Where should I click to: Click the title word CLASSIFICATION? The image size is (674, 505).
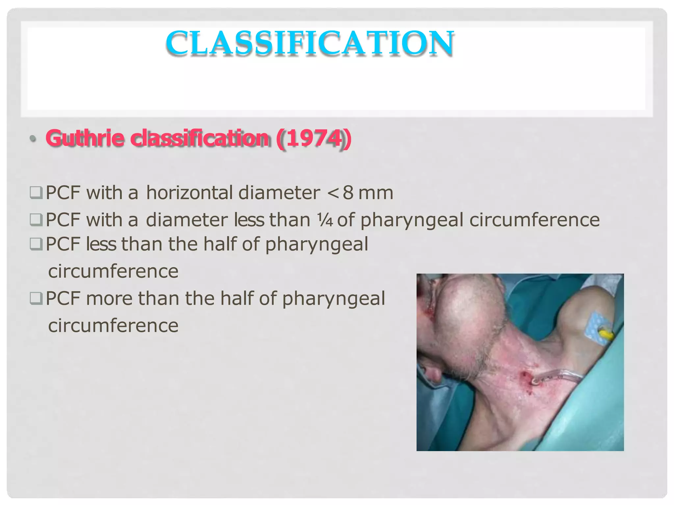click(x=310, y=43)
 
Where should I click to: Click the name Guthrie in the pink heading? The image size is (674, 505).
click(x=85, y=138)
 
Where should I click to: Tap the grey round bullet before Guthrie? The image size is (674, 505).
click(x=33, y=139)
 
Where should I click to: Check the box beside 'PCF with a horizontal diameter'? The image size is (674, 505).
click(x=36, y=193)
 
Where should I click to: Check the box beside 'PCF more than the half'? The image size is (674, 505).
click(x=36, y=299)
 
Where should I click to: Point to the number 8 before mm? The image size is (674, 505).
click(x=348, y=193)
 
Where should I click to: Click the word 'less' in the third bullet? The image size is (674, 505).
click(x=101, y=244)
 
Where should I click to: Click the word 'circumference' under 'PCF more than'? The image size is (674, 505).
click(x=113, y=325)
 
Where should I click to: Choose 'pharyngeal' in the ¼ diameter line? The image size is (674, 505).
click(x=412, y=220)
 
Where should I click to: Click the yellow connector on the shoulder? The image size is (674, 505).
click(x=605, y=336)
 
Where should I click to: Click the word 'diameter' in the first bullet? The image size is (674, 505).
click(x=279, y=193)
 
